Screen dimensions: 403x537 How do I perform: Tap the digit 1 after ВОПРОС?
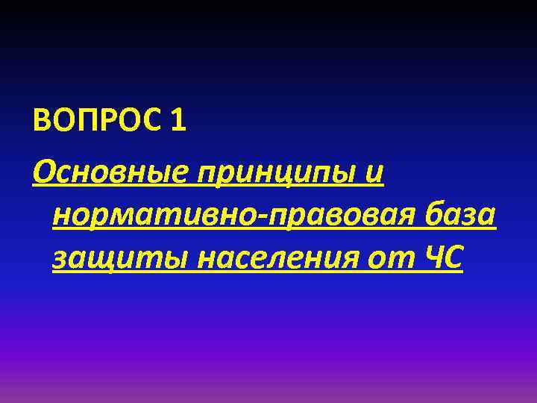point(177,119)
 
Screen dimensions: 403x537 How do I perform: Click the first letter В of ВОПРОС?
point(43,119)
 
